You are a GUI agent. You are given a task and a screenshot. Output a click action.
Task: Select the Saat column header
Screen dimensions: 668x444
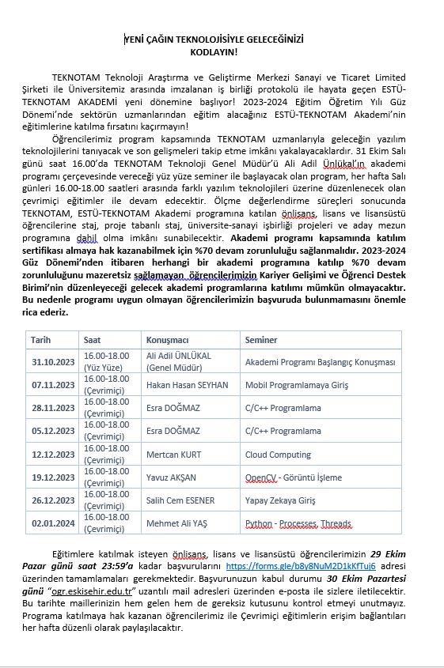pyautogui.click(x=93, y=340)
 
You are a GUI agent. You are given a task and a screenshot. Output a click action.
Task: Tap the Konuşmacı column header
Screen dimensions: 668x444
pyautogui.click(x=165, y=340)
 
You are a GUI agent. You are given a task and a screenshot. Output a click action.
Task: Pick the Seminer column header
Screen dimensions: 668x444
pyautogui.click(x=261, y=340)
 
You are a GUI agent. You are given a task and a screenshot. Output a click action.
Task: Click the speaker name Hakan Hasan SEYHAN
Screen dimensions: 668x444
pyautogui.click(x=187, y=385)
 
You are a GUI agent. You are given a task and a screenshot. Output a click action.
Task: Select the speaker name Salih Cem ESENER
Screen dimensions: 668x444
pyautogui.click(x=180, y=500)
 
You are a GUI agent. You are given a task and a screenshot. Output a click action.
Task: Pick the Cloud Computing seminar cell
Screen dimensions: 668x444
pyautogui.click(x=278, y=455)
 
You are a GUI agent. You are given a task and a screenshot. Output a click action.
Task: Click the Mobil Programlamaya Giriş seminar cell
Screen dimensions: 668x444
pyautogui.click(x=296, y=385)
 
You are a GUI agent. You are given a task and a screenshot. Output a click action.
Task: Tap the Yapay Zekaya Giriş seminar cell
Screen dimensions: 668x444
pyautogui.click(x=280, y=500)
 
